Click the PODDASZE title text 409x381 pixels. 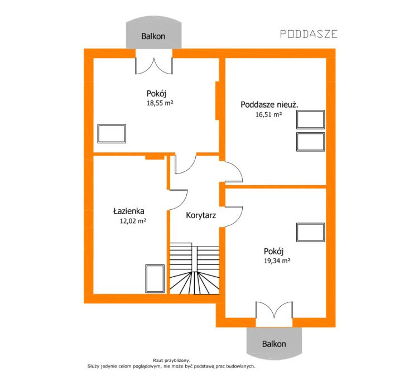click(309, 34)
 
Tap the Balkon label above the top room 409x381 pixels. click(153, 36)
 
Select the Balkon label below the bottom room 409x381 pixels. click(274, 344)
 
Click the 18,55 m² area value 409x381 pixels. click(160, 103)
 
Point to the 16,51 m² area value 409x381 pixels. click(268, 114)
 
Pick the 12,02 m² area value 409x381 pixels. click(133, 221)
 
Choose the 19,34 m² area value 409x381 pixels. click(277, 261)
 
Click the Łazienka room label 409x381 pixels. click(129, 211)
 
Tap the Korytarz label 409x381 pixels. click(201, 215)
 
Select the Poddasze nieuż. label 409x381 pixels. click(270, 104)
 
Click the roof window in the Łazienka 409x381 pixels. click(155, 279)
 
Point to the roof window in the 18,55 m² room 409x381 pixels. click(112, 133)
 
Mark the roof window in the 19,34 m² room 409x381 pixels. click(311, 232)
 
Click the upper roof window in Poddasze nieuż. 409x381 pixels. click(311, 119)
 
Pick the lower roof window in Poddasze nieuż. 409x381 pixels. click(311, 142)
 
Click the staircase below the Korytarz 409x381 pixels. click(195, 269)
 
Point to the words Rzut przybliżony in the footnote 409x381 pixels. click(171, 360)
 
